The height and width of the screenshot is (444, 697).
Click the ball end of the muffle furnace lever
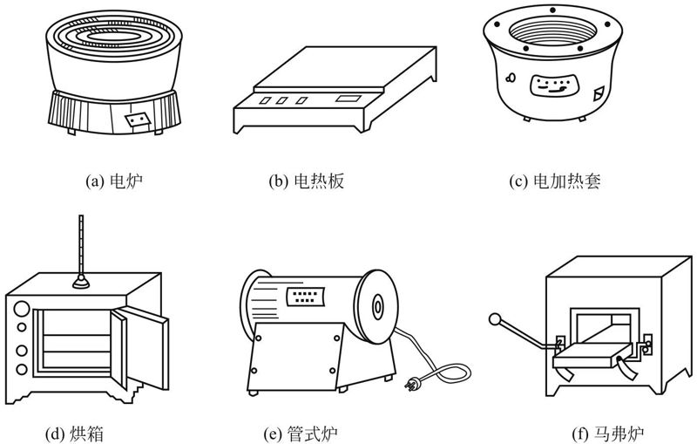(496, 320)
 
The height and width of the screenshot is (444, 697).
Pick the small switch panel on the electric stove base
(138, 119)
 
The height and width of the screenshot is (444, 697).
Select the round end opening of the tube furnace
(377, 307)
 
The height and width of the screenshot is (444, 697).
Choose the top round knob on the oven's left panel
(22, 308)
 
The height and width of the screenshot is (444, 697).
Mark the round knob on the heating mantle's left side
(511, 80)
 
